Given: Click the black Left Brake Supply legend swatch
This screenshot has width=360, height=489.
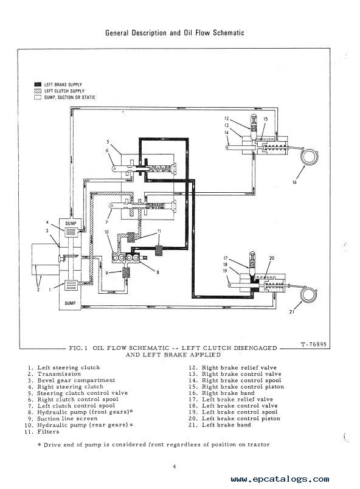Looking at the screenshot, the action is tap(38, 85).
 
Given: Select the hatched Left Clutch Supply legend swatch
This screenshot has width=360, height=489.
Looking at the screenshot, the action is tap(38, 91).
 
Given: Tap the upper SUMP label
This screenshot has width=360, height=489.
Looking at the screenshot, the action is tap(71, 223).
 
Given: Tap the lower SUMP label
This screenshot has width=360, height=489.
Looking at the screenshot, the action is tap(70, 303).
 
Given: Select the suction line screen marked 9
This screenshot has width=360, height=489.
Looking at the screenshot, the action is tap(126, 272).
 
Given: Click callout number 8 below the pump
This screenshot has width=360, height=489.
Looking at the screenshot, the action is tap(157, 272).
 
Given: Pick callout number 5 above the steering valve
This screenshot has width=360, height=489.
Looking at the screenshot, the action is tap(108, 142).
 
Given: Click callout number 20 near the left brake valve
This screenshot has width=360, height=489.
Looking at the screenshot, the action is tap(272, 258).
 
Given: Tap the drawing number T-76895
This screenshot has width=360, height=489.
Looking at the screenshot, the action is tap(314, 344).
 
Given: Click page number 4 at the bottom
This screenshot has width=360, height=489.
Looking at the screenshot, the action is tap(175, 466).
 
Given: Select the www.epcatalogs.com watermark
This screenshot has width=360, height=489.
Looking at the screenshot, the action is tap(280, 479).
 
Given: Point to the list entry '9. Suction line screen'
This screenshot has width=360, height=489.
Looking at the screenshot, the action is tap(63, 418).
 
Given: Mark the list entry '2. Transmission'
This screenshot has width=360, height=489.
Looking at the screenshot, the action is tap(54, 374).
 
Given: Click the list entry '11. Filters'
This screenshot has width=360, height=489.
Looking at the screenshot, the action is tap(42, 432).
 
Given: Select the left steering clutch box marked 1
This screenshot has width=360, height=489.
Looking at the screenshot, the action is tap(71, 285).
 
